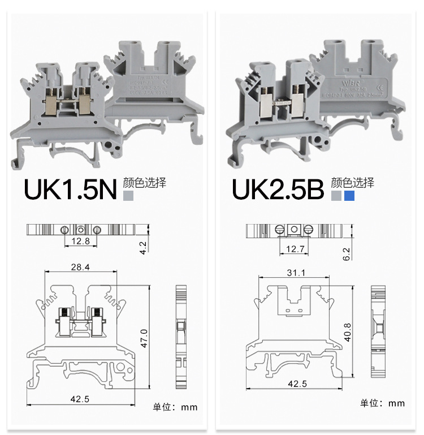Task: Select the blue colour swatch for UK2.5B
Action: tap(349, 196)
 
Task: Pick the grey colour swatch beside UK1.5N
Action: tap(128, 196)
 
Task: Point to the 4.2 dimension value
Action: tap(143, 248)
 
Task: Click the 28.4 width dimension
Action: tap(81, 266)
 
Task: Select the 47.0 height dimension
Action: tap(144, 338)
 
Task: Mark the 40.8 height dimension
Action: tap(349, 332)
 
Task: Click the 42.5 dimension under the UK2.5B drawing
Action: tap(297, 384)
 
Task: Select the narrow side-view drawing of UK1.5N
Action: tap(181, 338)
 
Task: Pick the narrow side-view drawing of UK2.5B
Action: tap(377, 331)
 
